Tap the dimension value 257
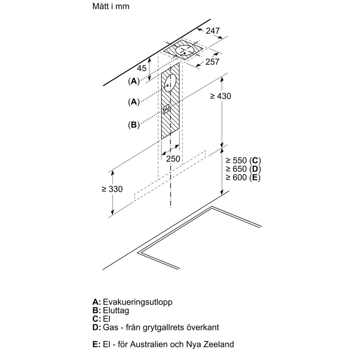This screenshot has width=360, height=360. [212, 62]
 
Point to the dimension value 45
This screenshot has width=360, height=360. [142, 68]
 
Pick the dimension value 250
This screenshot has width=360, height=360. [173, 159]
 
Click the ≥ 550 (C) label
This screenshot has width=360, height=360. [243, 161]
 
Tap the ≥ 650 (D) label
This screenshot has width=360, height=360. [243, 169]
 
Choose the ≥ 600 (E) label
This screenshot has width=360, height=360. [243, 178]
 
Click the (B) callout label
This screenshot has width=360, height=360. [134, 125]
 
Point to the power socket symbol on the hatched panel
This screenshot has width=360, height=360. [167, 109]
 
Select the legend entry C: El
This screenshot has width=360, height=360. [101, 319]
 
